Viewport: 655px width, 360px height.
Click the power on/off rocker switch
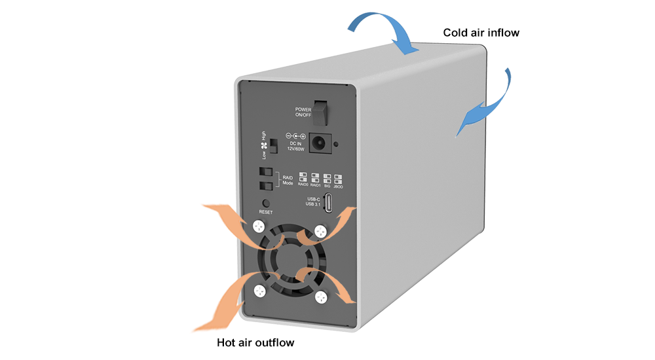[319, 112]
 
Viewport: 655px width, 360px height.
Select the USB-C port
[330, 204]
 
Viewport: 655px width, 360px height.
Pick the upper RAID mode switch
[266, 173]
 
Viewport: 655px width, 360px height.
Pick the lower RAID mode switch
[266, 186]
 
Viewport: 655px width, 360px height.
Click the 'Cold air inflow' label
[481, 32]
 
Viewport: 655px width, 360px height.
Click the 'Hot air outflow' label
[255, 342]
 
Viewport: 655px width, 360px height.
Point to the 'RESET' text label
[265, 212]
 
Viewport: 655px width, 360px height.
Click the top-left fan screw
[258, 227]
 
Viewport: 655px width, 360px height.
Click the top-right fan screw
[320, 231]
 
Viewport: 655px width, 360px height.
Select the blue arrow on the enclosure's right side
[488, 105]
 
